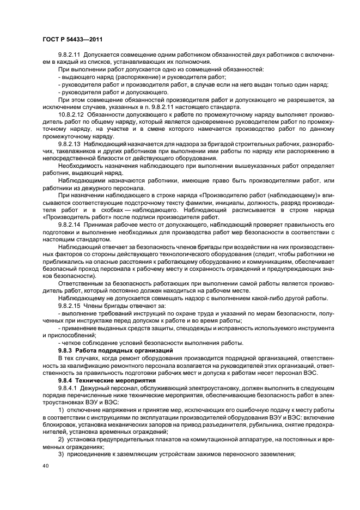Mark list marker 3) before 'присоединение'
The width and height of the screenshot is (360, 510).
[x=62, y=452]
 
